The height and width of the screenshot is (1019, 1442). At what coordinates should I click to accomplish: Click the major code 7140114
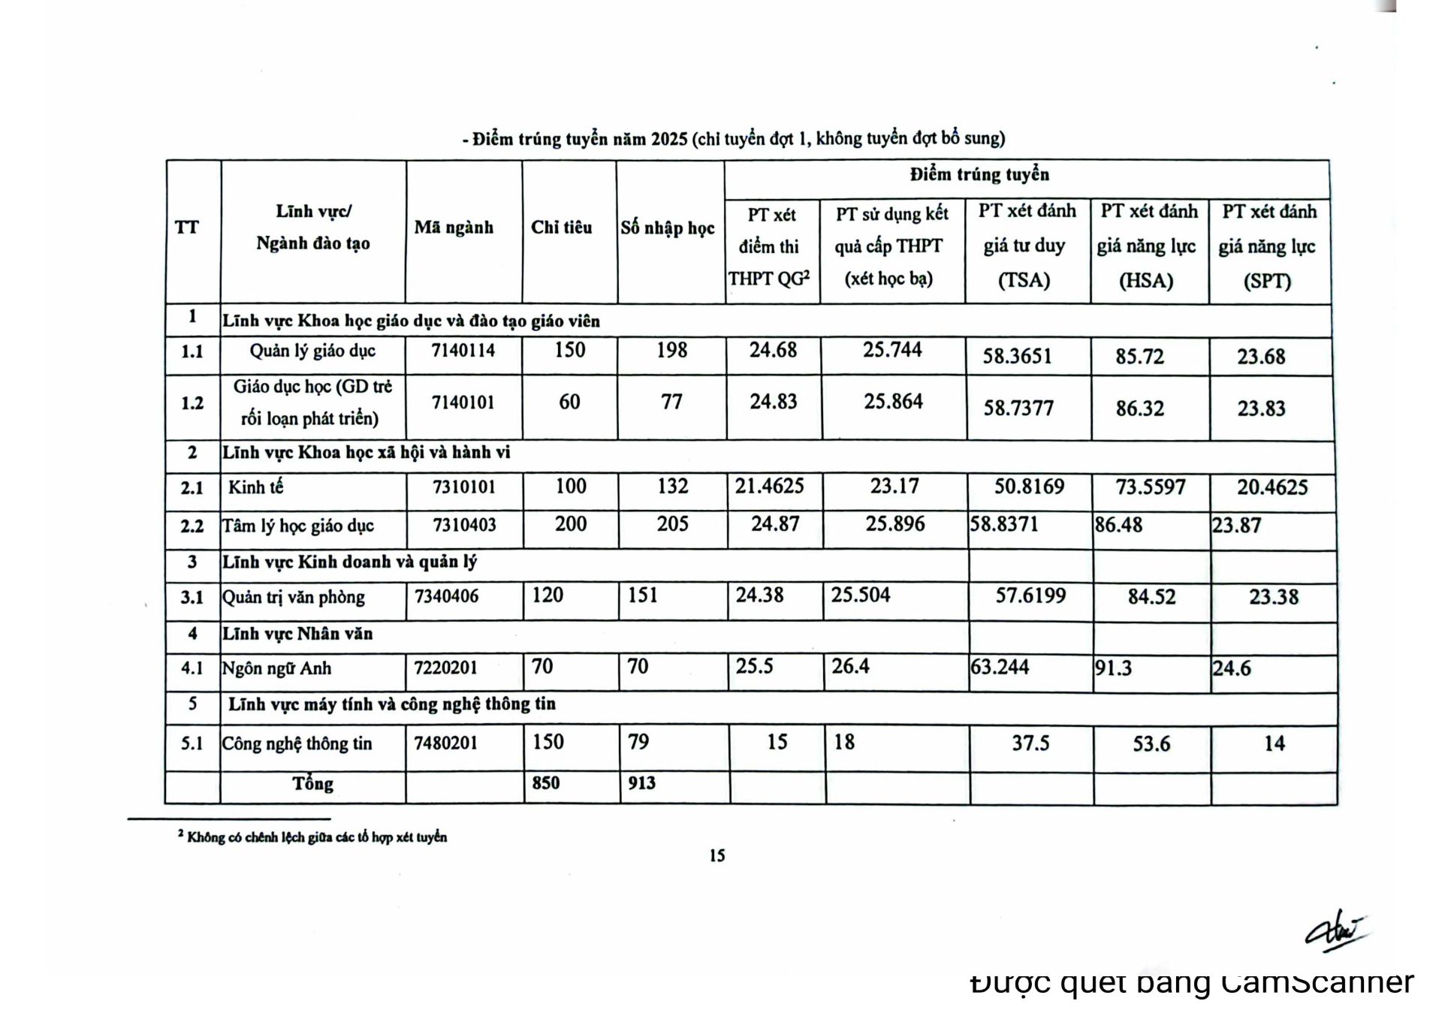[463, 350]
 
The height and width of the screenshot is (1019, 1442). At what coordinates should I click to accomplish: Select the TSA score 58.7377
[1018, 408]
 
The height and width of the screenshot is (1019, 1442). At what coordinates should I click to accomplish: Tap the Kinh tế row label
[256, 487]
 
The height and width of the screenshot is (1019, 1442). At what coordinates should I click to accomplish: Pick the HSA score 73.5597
[1150, 487]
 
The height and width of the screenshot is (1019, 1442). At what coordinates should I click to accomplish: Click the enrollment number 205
[672, 524]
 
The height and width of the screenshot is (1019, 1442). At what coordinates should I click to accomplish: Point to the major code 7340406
[446, 596]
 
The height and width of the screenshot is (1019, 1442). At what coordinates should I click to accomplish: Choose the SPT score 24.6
[1232, 668]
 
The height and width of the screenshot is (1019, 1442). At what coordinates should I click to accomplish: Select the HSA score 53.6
[1151, 743]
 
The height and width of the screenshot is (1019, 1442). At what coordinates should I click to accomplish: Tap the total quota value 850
[546, 782]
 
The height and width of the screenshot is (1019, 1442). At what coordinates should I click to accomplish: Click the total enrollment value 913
[641, 782]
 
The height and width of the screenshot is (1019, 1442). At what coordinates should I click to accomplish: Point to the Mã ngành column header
[454, 228]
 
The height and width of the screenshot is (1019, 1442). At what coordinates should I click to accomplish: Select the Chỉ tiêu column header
[561, 228]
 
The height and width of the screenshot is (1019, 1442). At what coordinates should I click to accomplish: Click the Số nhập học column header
[668, 228]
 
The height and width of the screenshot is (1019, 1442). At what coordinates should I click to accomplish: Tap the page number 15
[717, 855]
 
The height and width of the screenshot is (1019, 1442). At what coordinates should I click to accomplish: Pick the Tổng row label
[312, 783]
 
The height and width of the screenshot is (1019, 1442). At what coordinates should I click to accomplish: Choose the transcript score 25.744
[892, 350]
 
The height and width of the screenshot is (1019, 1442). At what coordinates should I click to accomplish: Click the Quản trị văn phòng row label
[294, 597]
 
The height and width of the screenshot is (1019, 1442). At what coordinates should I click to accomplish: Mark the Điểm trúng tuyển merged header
[979, 175]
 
